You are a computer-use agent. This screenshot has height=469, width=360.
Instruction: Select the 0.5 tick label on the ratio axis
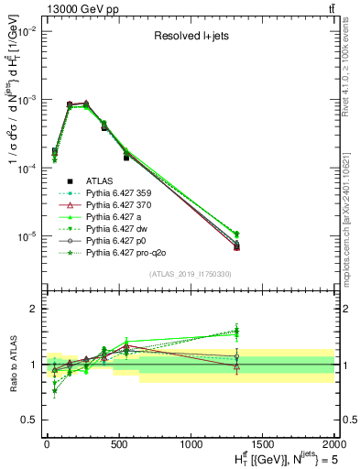click(29, 420)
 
